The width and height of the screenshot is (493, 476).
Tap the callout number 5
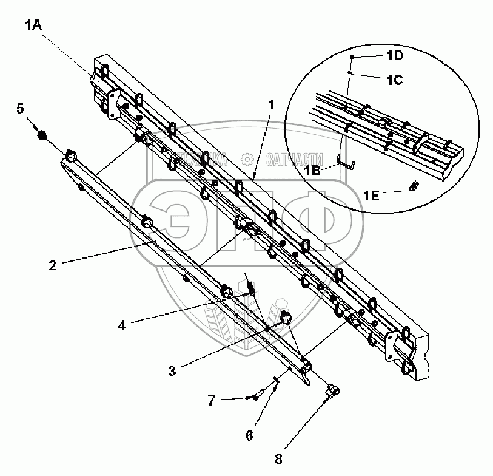(x=20, y=109)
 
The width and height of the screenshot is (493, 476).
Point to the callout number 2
(x=53, y=265)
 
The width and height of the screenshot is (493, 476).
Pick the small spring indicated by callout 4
(x=249, y=285)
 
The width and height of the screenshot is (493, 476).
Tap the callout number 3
(x=173, y=370)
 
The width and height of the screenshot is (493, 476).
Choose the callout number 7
(x=211, y=399)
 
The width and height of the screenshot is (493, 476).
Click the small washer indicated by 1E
(x=414, y=186)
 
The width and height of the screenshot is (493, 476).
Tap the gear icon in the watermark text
(x=247, y=159)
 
